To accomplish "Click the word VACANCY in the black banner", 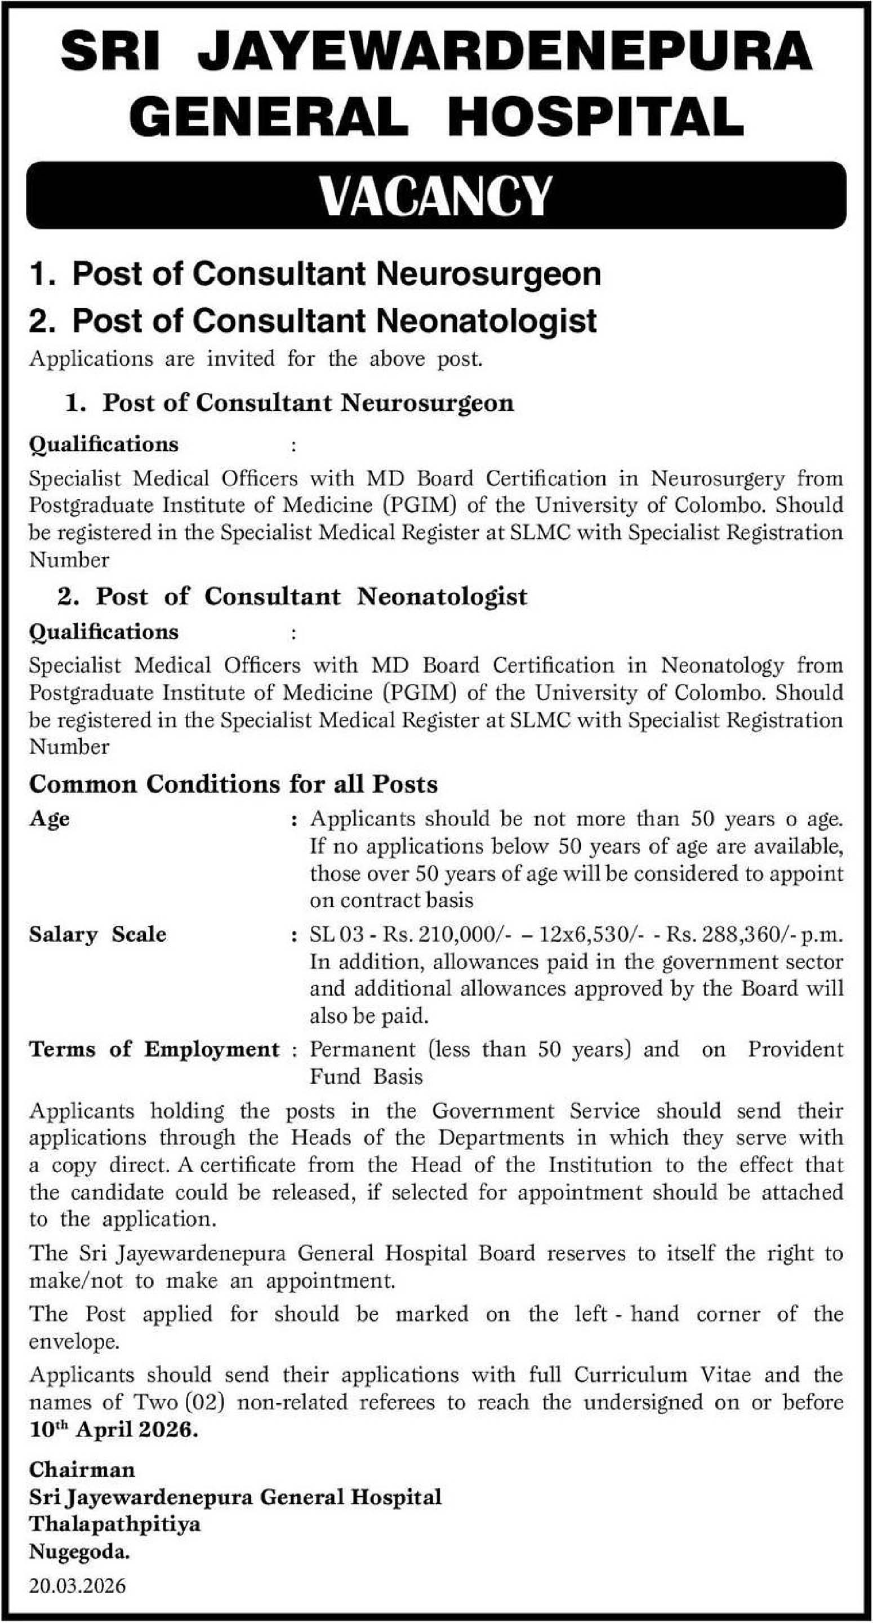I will click(435, 196).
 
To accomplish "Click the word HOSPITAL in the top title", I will click(598, 118).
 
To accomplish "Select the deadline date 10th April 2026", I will click(113, 1430).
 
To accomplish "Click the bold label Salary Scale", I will click(97, 934).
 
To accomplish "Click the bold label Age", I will click(49, 819).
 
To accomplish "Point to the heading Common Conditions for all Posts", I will click(233, 784).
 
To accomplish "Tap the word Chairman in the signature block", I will click(82, 1470).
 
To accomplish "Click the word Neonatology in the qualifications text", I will click(722, 666).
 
